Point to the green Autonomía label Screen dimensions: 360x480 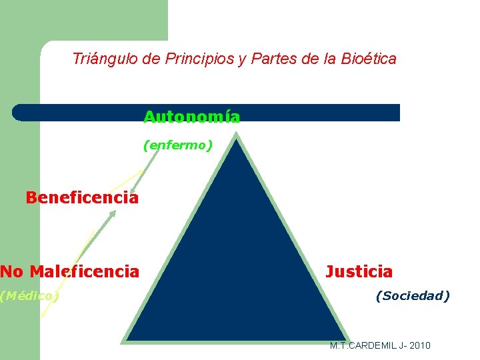pos(192,117)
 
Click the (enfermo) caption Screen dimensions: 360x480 pos(178,145)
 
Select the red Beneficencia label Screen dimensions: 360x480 pos(82,198)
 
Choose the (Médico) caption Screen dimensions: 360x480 pos(29,295)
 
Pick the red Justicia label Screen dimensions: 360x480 pos(359,272)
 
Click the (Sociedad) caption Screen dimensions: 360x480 pos(413,295)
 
